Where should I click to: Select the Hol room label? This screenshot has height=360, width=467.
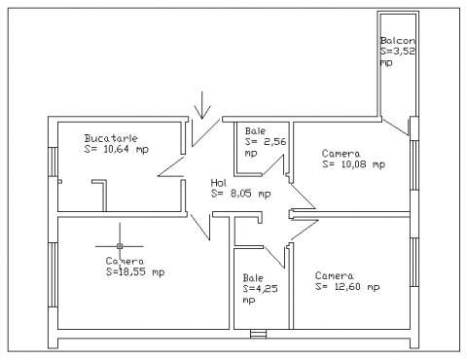coord(219,182)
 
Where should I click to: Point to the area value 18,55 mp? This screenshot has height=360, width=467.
coord(135,272)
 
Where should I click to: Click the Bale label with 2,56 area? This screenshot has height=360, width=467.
coord(255,130)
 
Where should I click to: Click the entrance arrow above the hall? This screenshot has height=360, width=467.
coord(201,102)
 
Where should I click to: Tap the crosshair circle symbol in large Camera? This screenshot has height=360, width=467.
coord(120,245)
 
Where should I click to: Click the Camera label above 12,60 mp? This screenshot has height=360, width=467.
coord(334,275)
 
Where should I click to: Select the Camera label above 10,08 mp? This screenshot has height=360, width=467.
coord(341,153)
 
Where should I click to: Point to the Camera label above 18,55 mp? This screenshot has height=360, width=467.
coord(125,261)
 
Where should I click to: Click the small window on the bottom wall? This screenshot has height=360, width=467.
coord(258,335)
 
